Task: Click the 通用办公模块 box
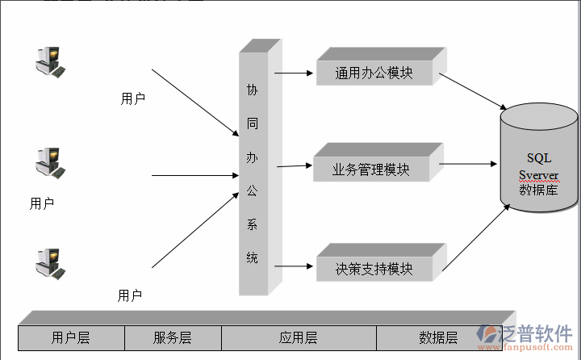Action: tap(374, 73)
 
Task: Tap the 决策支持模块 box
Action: tap(374, 269)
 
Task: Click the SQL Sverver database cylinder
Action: tap(538, 166)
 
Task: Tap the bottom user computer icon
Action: tap(49, 263)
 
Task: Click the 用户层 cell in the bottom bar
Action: tap(70, 337)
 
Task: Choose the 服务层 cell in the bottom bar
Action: tap(172, 337)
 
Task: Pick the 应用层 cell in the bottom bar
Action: tap(298, 337)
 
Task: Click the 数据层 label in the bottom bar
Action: tap(438, 337)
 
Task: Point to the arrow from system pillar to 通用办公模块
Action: tap(294, 73)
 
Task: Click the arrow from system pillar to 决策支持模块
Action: tap(294, 265)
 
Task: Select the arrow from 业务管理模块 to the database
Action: tap(469, 165)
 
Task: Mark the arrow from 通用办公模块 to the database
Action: tap(472, 94)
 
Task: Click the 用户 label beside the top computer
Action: tap(132, 99)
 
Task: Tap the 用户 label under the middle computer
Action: tap(42, 203)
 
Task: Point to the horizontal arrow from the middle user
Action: tap(194, 174)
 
